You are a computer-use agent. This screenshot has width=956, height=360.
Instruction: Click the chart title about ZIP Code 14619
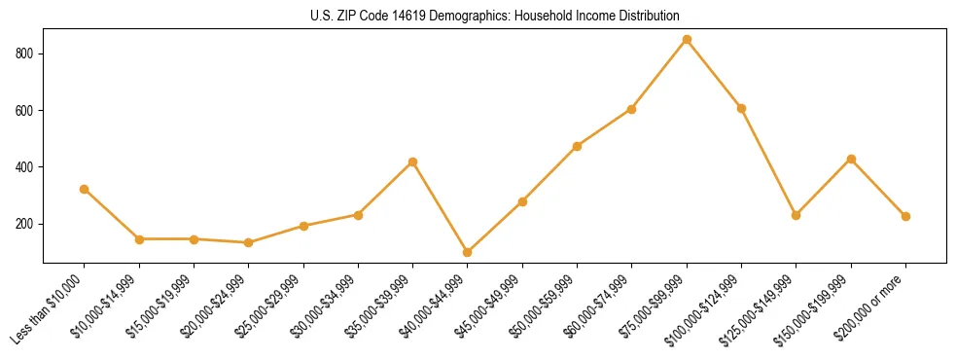click(x=495, y=17)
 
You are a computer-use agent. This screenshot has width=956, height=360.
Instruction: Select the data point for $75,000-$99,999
click(x=687, y=39)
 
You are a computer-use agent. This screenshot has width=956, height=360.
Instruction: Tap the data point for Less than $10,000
click(x=85, y=189)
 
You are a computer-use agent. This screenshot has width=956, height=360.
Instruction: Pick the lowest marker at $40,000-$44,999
click(x=468, y=252)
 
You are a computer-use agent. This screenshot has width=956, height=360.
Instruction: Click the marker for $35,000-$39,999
click(x=413, y=162)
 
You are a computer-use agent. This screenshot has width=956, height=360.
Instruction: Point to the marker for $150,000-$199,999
click(x=851, y=159)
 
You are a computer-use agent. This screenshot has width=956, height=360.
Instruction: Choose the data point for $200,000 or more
click(x=905, y=216)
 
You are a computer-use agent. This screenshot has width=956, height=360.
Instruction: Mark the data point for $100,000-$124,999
click(x=741, y=108)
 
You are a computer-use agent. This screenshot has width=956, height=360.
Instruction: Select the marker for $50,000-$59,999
click(x=578, y=146)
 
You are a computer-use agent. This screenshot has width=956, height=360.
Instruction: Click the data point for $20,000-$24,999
click(x=249, y=242)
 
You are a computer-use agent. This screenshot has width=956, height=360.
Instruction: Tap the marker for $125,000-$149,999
click(x=797, y=215)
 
